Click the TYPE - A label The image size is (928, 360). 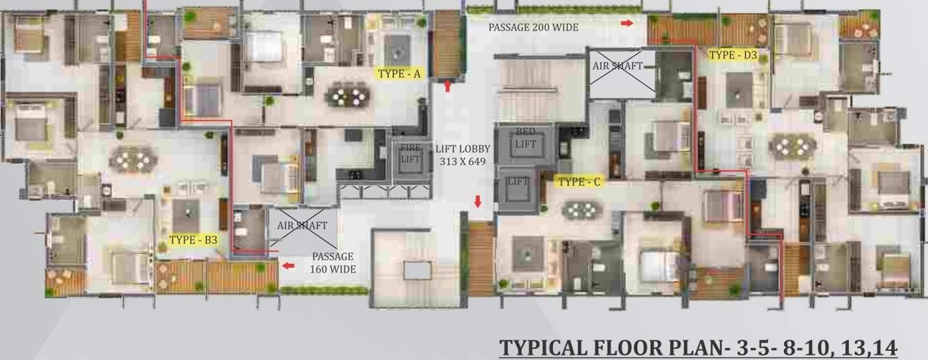(399, 72)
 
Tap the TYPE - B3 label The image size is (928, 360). (193, 240)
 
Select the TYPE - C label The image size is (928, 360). (579, 182)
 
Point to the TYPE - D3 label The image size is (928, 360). (733, 54)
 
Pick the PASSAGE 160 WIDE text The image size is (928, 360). (332, 263)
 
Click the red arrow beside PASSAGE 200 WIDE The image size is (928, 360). (627, 24)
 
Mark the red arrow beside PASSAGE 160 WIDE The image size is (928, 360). (288, 265)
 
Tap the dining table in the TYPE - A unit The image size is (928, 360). (347, 95)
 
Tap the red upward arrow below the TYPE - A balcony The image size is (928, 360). (448, 86)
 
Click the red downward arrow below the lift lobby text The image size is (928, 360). (478, 202)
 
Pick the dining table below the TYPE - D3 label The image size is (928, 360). (791, 145)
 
